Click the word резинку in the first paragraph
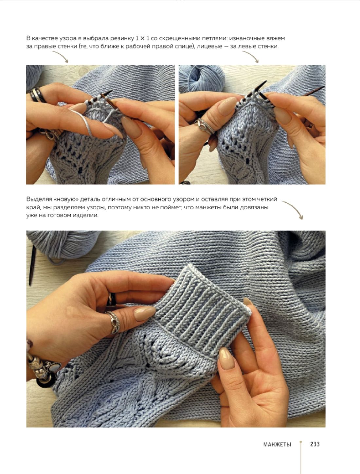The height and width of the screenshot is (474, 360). tap(122, 39)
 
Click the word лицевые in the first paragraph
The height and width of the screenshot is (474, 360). tap(209, 46)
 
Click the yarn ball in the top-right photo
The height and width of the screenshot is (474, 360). tap(202, 78)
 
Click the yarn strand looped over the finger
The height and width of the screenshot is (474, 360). tap(83, 122)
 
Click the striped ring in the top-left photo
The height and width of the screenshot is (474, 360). tap(37, 95)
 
